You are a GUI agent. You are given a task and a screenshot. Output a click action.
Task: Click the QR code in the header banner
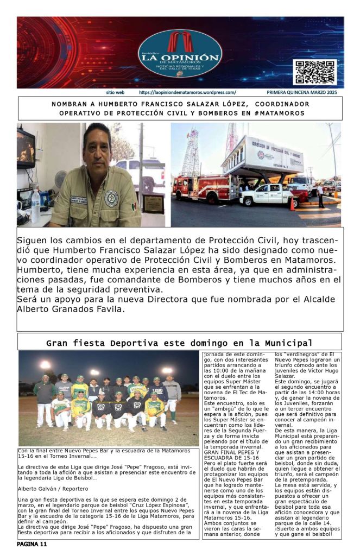(x=314, y=72)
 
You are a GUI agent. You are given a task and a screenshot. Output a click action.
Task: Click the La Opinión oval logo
(x=180, y=53)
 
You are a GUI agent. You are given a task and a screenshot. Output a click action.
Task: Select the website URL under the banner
(x=187, y=93)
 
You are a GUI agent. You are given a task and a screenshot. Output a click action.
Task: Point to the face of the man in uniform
(x=98, y=147)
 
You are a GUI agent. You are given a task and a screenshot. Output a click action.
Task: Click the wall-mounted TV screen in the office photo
(x=25, y=148)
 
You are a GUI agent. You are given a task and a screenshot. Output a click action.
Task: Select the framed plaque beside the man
(x=154, y=204)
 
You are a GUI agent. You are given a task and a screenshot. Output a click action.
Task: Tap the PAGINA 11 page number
(x=32, y=544)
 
